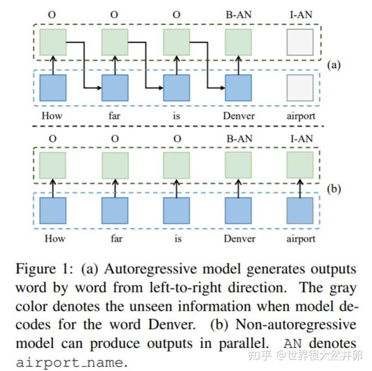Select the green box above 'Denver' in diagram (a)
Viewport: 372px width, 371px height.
click(239, 43)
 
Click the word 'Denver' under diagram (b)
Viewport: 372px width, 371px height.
click(239, 238)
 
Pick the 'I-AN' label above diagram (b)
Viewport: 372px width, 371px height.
click(301, 139)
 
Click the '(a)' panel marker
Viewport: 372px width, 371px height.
click(334, 64)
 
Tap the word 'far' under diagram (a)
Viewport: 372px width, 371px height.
click(115, 115)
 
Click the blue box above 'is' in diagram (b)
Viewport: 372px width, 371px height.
click(177, 211)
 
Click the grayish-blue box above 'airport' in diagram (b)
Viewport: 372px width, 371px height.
click(301, 211)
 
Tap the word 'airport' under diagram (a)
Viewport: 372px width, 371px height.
click(301, 115)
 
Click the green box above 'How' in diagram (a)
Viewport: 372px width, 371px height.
click(53, 43)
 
